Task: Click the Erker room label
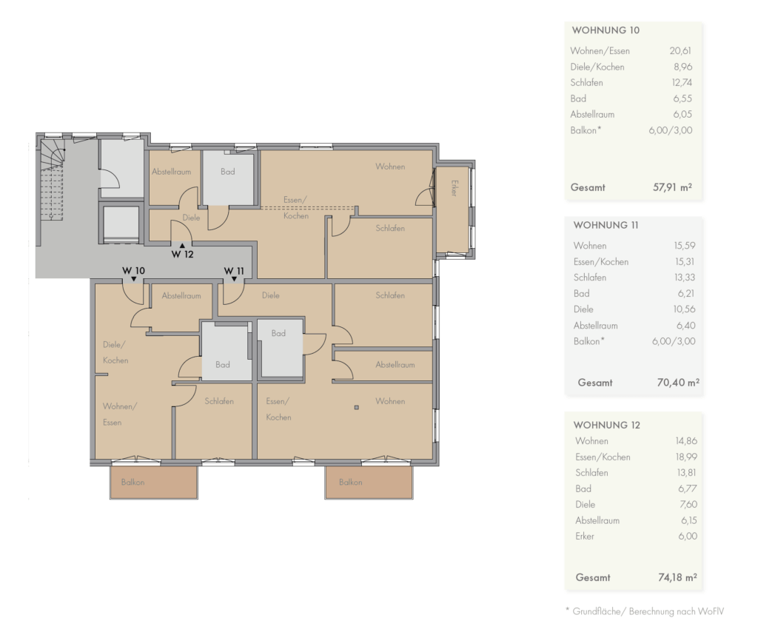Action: point(454,188)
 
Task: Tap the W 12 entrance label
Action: point(182,254)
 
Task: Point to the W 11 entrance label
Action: point(234,271)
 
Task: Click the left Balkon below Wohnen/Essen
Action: point(154,483)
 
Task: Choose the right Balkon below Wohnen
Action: point(369,483)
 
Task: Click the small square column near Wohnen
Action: point(357,407)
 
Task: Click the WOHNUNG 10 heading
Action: point(606,30)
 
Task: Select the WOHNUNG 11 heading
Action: point(606,225)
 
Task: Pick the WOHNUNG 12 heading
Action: point(607,426)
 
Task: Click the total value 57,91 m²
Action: point(672,187)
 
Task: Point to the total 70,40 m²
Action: point(678,383)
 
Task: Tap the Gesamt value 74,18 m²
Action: point(677,577)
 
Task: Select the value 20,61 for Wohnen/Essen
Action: point(680,51)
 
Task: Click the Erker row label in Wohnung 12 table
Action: point(585,537)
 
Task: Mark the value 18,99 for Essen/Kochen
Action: point(686,457)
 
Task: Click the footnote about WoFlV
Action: point(645,611)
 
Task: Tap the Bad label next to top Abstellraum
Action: point(228,172)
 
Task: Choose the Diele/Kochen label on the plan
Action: point(115,352)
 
